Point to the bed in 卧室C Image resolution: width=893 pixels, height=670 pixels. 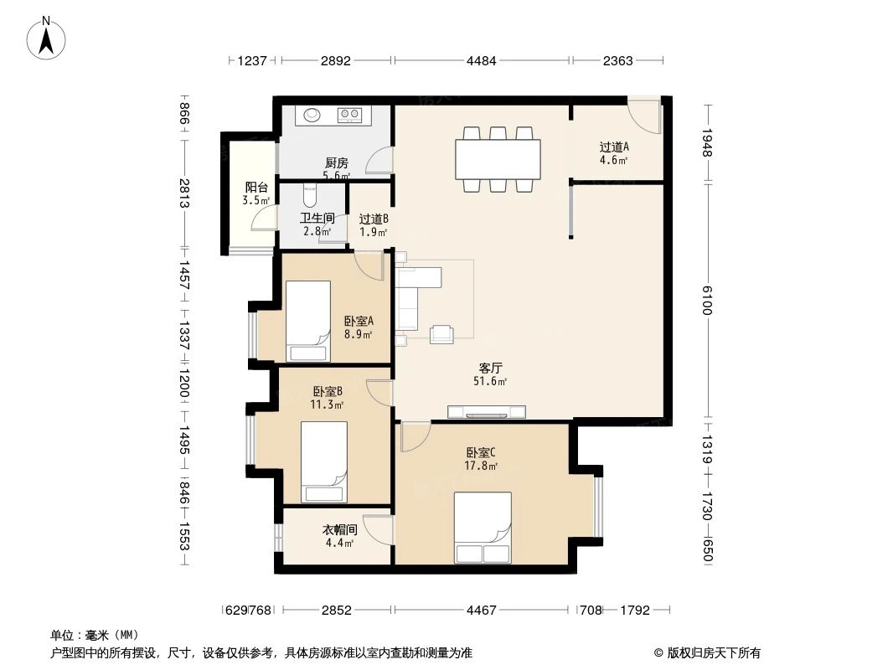pos(483,528)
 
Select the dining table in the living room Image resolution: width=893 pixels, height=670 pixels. pos(498,158)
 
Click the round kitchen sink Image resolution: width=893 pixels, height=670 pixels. pos(313,115)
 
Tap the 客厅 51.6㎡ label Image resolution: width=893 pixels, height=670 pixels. pos(490,374)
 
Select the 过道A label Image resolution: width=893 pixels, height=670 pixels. pos(613,152)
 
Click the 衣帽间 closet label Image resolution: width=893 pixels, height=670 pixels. pos(340,536)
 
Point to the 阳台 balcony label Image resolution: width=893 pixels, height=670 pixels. pos(256,193)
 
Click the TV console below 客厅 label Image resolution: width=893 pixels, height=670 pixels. pos(487,411)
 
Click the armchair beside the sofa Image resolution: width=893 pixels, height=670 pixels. pos(441,334)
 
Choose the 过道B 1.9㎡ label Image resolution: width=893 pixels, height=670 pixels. pos(374,224)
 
